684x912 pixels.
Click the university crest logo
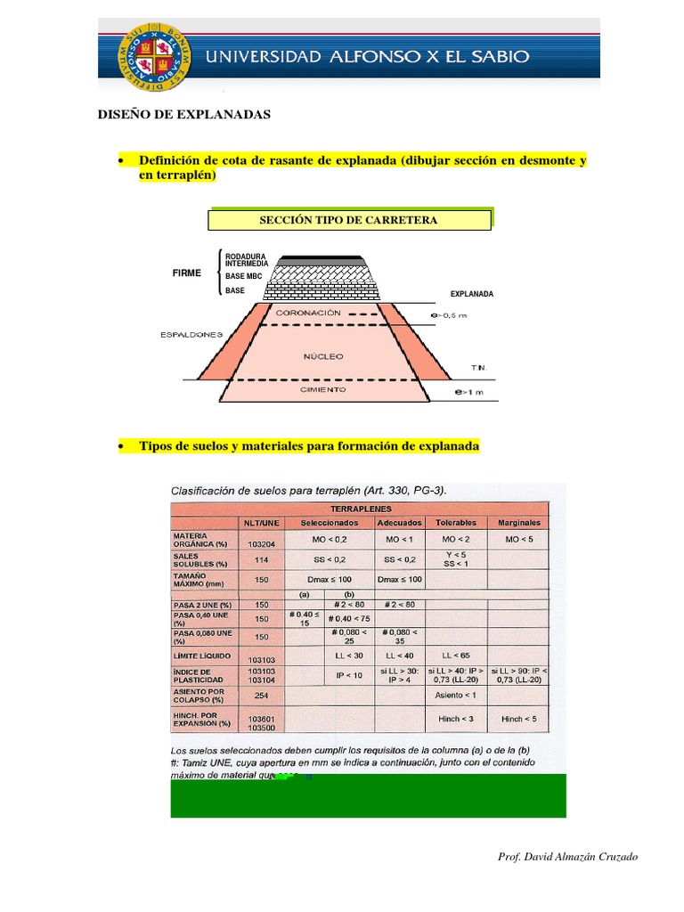150,54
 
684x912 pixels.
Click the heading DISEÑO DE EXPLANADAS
195,115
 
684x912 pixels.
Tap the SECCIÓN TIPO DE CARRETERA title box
349,220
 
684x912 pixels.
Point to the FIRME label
187,273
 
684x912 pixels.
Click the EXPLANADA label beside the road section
472,293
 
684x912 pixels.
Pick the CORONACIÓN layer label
309,313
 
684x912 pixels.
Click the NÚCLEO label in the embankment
323,356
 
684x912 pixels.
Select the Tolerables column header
456,522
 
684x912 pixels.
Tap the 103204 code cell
262,543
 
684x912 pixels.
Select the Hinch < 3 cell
456,718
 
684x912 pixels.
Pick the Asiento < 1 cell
456,695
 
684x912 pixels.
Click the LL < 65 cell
456,655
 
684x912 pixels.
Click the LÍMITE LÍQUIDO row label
200,655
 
